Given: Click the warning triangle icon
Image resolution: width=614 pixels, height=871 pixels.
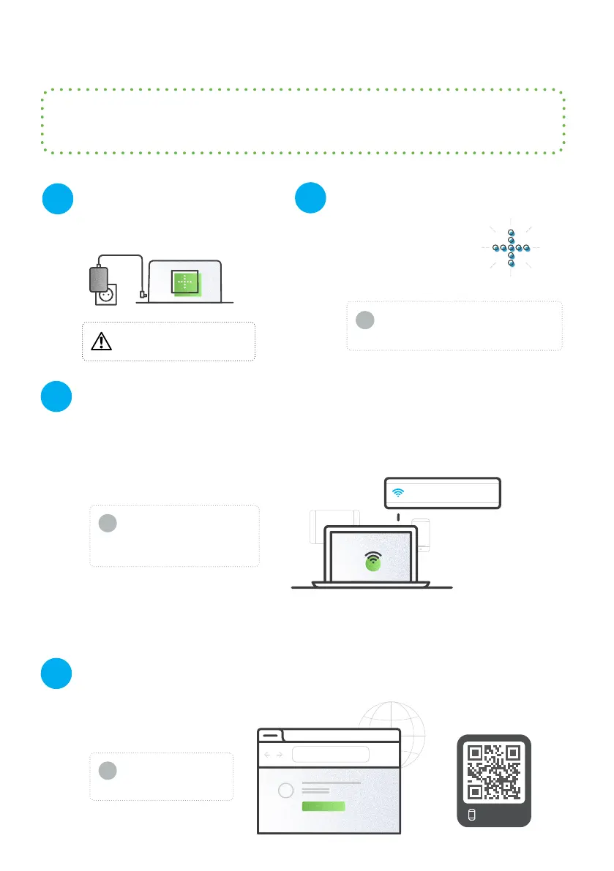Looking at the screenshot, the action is tap(101, 342).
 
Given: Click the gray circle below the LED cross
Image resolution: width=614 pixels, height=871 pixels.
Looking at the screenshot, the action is tap(364, 320).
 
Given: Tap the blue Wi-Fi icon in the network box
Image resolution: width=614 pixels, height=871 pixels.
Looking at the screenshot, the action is tap(398, 492).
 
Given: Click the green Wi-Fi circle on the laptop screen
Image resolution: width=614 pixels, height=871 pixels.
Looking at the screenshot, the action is tap(373, 562).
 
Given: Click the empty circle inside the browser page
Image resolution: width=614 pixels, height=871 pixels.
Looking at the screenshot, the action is tap(287, 791).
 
